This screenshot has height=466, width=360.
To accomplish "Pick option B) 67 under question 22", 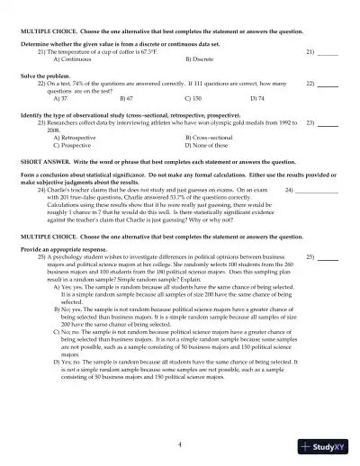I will [x=125, y=96].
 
